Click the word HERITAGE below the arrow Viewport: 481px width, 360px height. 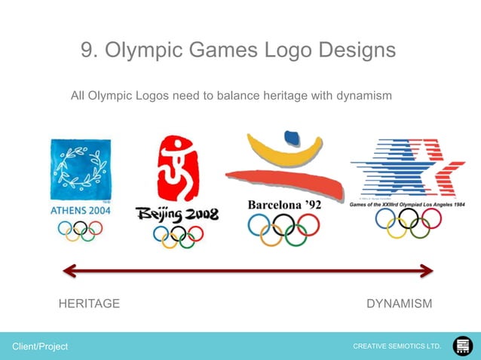(89, 304)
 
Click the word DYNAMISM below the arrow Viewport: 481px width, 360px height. (399, 304)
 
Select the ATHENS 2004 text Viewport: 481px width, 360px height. (80, 211)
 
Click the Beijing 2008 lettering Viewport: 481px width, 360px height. (177, 215)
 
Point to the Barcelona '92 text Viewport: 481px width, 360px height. (283, 205)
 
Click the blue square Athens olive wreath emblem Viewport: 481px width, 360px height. (80, 170)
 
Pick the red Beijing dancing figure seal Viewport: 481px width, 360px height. (177, 169)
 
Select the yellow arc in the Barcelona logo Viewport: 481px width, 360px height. (286, 154)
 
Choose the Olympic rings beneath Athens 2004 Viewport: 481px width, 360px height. (80, 231)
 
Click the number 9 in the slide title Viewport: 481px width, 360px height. (87, 50)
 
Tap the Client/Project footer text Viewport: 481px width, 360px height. (39, 346)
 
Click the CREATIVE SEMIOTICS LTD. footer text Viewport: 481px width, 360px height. (397, 346)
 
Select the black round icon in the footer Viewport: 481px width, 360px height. (462, 346)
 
